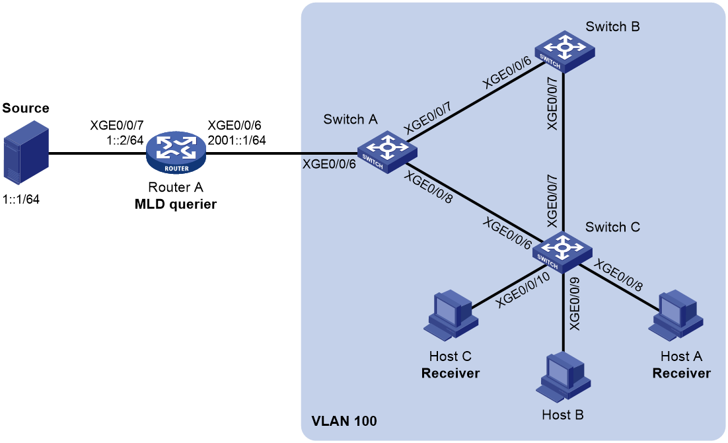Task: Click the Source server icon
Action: pyautogui.click(x=26, y=153)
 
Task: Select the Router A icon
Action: pyautogui.click(x=176, y=153)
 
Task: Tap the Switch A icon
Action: pyautogui.click(x=387, y=152)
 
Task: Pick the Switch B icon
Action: pyautogui.click(x=565, y=52)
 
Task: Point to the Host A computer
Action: pyautogui.click(x=676, y=315)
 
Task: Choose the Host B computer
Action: pyautogui.click(x=564, y=377)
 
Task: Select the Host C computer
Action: pyautogui.click(x=451, y=315)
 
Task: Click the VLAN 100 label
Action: pyautogui.click(x=344, y=421)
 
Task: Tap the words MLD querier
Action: pyautogui.click(x=176, y=204)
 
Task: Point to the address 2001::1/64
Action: pyautogui.click(x=237, y=140)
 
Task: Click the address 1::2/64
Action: pyautogui.click(x=125, y=140)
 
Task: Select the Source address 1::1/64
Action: pyautogui.click(x=21, y=200)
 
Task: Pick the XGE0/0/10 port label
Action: pyautogui.click(x=523, y=290)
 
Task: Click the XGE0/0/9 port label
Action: pyautogui.click(x=574, y=303)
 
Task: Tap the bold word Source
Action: pyautogui.click(x=26, y=108)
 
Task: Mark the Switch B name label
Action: pyautogui.click(x=612, y=26)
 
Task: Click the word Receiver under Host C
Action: pyautogui.click(x=451, y=374)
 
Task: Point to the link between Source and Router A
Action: pyautogui.click(x=98, y=153)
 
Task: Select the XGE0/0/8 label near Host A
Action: pyautogui.click(x=618, y=275)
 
